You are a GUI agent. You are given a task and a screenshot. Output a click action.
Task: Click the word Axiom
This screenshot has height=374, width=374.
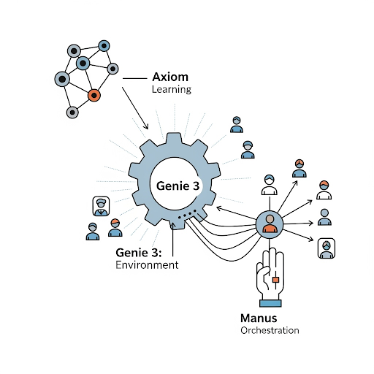pos(169,76)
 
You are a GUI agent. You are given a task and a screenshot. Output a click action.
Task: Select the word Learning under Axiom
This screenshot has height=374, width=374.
pos(171,90)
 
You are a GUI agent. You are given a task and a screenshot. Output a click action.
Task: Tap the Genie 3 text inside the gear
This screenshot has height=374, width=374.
pos(178,186)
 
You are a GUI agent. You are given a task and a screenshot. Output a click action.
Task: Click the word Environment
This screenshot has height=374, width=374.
pos(147,265)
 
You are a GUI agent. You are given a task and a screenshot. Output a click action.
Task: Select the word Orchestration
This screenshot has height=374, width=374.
pos(270,330)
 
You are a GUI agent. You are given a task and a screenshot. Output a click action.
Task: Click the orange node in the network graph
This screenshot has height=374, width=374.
pos(93,95)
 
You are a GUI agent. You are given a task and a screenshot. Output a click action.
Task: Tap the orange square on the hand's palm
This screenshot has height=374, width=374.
pos(276,279)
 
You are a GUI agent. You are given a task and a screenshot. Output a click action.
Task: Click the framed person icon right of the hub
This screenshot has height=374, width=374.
pos(326,248)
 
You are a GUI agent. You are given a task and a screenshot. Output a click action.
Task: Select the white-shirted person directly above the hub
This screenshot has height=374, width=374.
pos(270,186)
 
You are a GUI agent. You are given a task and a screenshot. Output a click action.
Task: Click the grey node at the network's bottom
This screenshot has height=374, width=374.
pos(72,112)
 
